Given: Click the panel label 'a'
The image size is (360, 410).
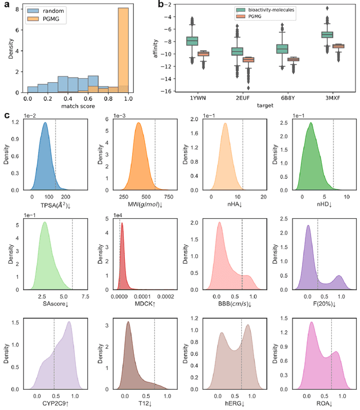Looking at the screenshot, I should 6,5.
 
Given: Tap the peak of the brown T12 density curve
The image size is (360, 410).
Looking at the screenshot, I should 128,322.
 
